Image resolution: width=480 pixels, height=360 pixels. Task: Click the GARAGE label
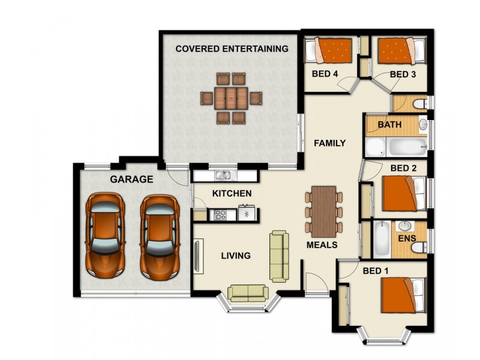coord(131,179)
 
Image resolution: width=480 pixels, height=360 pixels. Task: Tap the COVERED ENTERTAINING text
coord(232,49)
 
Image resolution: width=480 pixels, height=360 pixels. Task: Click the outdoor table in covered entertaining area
coord(231,98)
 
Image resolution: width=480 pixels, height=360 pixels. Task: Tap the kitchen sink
coord(224,176)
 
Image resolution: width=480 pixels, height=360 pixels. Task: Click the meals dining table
coord(324,211)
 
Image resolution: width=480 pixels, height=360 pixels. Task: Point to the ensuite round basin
coord(405,227)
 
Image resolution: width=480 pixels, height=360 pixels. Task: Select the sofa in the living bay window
coord(248,292)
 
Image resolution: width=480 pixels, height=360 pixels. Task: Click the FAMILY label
coord(329,143)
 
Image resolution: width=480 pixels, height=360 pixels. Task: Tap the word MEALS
coord(322,245)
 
